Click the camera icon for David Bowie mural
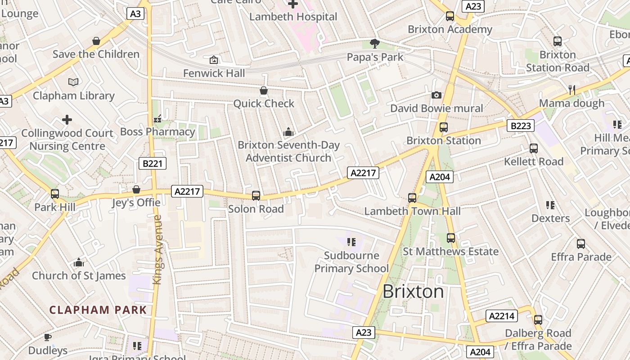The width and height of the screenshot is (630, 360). (436, 95)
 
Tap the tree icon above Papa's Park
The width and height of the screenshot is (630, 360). (374, 44)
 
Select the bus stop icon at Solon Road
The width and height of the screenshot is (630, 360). (256, 195)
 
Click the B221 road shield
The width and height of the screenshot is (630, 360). (152, 163)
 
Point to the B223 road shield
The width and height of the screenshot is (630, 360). (521, 126)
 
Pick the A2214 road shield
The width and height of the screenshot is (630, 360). (501, 316)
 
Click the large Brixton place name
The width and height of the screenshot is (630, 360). (413, 292)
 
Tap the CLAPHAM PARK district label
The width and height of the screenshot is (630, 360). (98, 310)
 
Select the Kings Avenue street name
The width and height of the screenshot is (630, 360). (157, 250)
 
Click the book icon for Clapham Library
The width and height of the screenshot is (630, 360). (73, 82)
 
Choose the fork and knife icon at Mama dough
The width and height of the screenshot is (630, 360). (572, 90)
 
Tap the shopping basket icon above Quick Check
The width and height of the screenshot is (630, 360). (264, 90)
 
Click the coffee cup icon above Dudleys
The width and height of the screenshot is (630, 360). (48, 337)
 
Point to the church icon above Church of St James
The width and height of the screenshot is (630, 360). (79, 262)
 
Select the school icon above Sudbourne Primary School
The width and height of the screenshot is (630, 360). (351, 242)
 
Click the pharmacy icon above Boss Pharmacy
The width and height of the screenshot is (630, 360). (157, 119)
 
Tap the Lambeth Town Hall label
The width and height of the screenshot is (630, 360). (412, 211)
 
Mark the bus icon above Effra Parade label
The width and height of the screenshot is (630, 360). (581, 244)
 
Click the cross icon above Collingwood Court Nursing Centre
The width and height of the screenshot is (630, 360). (67, 120)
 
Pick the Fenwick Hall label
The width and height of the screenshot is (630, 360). (214, 73)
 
